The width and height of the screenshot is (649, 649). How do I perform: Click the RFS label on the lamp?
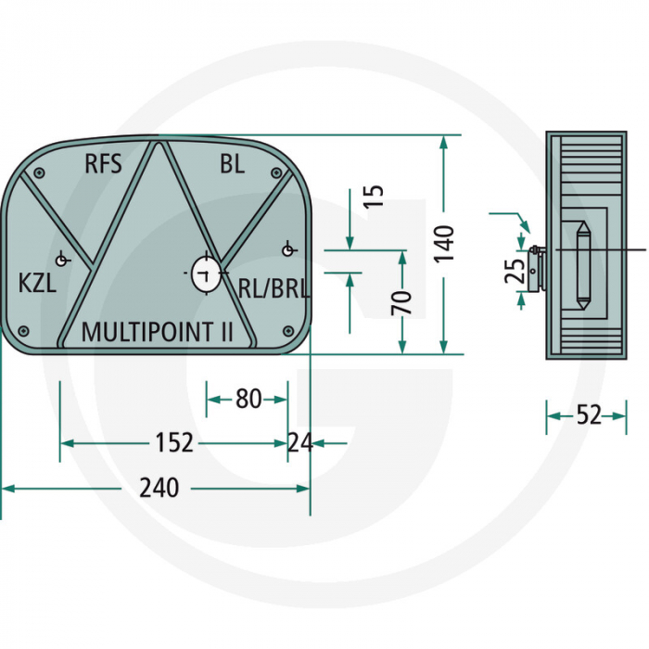(x=103, y=163)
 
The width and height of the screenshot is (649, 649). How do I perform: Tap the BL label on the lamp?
(x=232, y=163)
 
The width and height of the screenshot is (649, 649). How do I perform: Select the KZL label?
(x=37, y=284)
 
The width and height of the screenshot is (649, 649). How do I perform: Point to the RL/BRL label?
(x=274, y=288)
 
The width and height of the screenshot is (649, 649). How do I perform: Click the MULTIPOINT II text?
(x=158, y=332)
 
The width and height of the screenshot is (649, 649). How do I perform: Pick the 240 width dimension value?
(x=159, y=488)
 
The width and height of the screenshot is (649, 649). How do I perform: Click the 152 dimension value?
(x=174, y=442)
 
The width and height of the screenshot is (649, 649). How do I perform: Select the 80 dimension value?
(x=248, y=399)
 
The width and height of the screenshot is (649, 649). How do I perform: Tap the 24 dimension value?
(x=300, y=442)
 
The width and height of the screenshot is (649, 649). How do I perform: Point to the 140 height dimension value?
(x=444, y=243)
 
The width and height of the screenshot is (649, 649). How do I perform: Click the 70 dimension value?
(x=401, y=302)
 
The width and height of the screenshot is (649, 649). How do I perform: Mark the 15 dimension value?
(x=375, y=197)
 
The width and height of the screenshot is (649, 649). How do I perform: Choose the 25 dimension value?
(x=515, y=271)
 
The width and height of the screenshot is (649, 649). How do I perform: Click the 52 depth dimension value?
(x=589, y=414)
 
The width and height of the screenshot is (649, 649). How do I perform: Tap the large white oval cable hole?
(x=206, y=274)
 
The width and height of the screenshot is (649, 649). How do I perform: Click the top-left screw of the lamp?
(x=39, y=173)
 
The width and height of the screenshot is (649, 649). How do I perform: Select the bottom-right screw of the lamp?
(x=288, y=330)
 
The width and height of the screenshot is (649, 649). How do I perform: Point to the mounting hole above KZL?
(x=62, y=261)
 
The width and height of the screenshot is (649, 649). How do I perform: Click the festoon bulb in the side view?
(x=583, y=265)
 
